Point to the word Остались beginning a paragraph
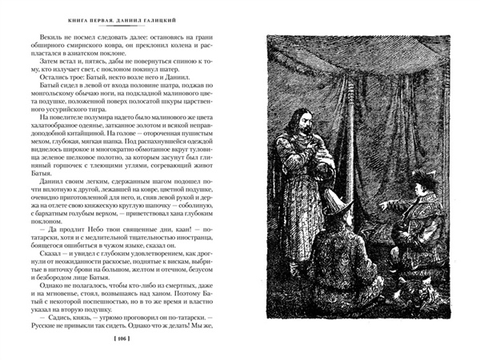42,89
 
